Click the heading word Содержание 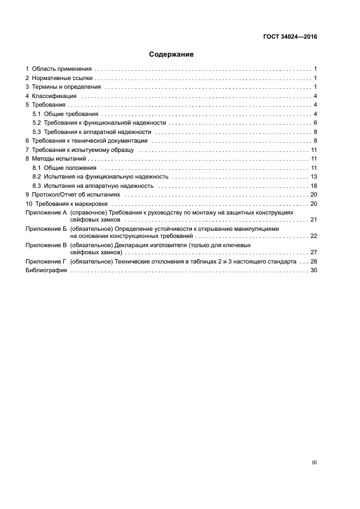[x=172, y=54]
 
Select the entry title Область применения [x=62, y=69]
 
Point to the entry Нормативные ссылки [x=63, y=78]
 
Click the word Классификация [x=54, y=96]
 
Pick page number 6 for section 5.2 [x=315, y=122]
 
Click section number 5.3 [x=36, y=132]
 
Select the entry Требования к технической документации [x=90, y=140]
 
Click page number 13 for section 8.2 [x=314, y=176]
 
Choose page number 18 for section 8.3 [x=314, y=186]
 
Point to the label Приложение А [x=46, y=212]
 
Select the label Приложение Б [x=46, y=229]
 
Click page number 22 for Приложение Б [x=314, y=236]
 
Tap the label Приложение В [x=46, y=245]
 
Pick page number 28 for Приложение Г [x=314, y=261]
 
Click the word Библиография [x=46, y=271]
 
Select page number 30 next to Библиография [x=314, y=271]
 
